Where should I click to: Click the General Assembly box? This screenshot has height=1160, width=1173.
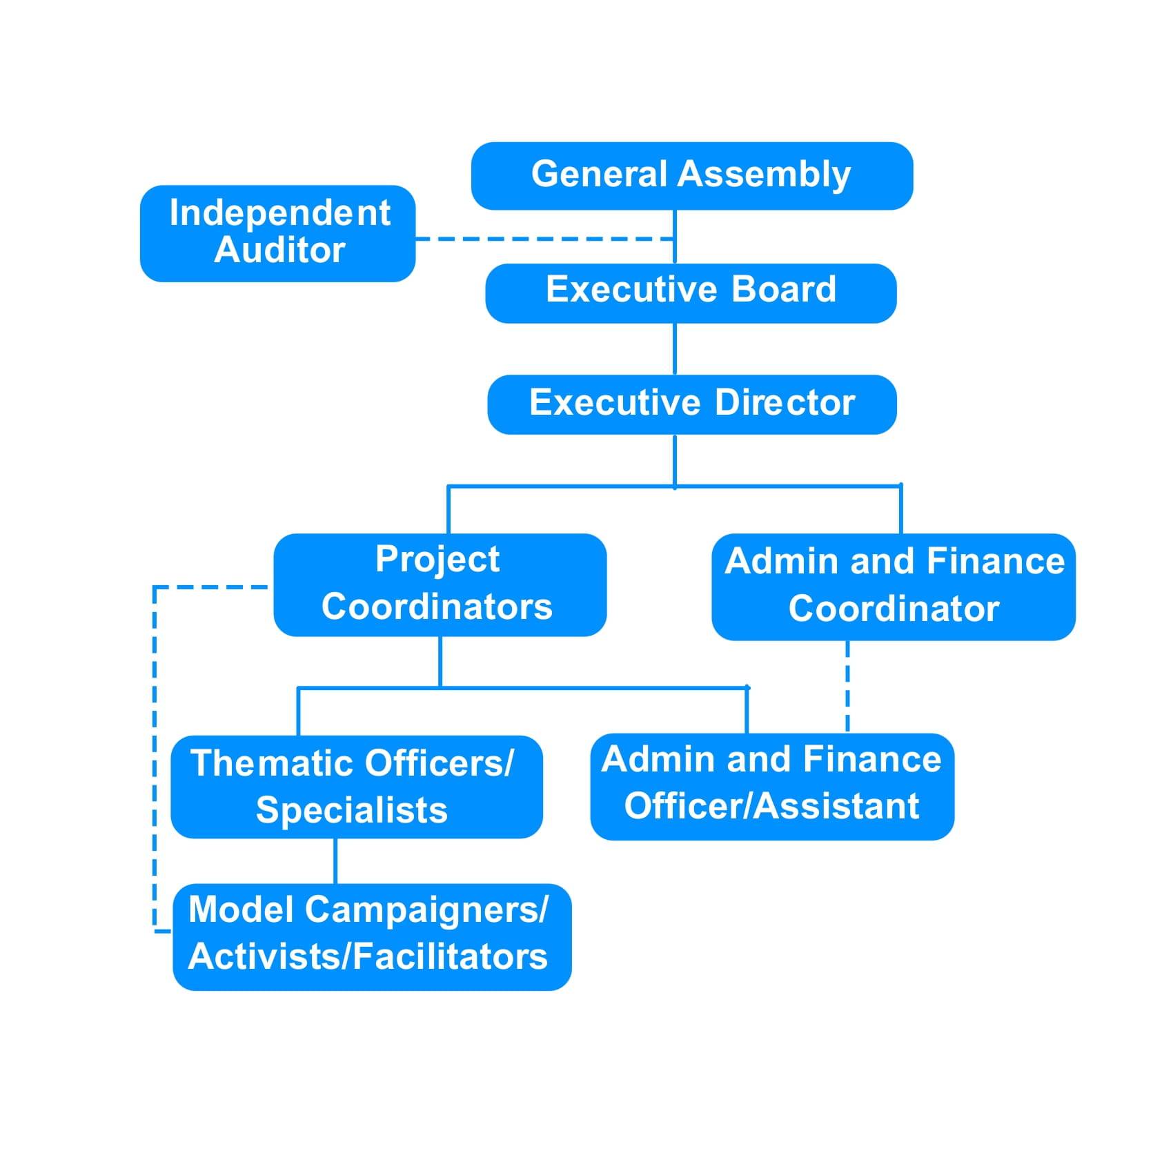[691, 175]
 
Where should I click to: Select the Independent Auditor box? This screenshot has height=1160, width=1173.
[277, 233]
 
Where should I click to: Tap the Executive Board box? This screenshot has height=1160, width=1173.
[691, 293]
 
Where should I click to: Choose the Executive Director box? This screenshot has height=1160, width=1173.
[691, 404]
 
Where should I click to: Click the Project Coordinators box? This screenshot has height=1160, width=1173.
[440, 584]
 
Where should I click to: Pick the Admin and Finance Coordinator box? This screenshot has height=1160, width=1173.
[893, 586]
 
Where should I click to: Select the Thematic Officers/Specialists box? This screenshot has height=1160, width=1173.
[356, 786]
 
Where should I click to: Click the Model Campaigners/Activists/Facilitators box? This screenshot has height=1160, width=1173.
[371, 936]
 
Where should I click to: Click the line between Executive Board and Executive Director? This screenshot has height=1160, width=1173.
[674, 348]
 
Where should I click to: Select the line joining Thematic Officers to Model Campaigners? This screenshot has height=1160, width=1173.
[335, 861]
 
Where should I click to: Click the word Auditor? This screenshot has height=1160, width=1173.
[279, 250]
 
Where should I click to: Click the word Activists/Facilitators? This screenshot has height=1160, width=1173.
[368, 956]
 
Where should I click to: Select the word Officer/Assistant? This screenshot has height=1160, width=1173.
[771, 806]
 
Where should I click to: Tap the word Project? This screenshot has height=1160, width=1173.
[437, 559]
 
